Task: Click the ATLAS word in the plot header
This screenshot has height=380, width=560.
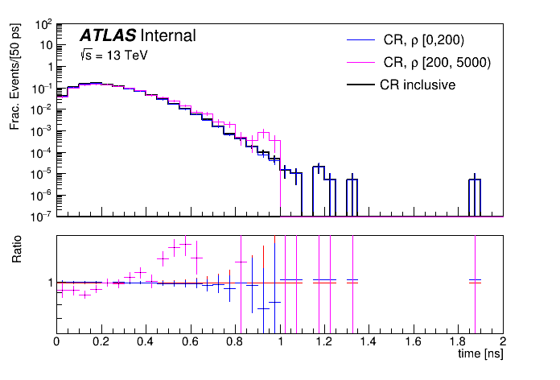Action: point(107,36)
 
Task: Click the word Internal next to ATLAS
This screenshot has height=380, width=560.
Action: point(167,36)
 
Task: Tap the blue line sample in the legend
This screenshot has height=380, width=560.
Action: point(360,39)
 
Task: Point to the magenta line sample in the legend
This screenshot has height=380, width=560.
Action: point(360,62)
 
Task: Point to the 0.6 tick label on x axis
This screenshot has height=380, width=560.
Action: point(190,341)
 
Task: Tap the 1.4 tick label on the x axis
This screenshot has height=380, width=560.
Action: point(369,341)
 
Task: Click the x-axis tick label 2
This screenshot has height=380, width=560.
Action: point(502,341)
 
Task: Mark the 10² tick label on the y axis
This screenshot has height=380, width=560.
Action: point(43,24)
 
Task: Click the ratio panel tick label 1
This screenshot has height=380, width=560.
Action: point(49,283)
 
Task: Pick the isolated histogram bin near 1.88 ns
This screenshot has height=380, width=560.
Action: point(475,180)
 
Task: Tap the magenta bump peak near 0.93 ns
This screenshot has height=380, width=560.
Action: point(263,134)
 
